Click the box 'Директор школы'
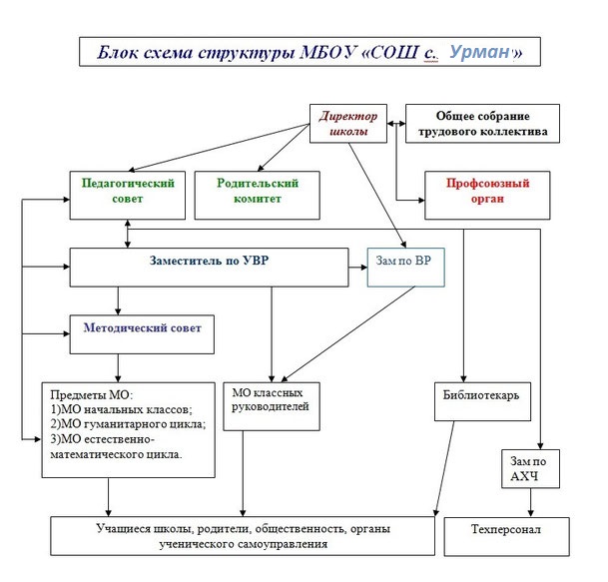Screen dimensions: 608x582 tap(348, 124)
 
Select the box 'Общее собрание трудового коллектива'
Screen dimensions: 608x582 tap(482, 124)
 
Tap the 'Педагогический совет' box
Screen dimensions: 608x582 tap(128, 195)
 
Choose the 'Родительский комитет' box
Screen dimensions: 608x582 tap(258, 195)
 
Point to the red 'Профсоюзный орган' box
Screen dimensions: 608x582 tap(487, 195)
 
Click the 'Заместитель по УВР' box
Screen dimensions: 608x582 tap(209, 268)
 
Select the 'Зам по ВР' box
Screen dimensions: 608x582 tap(405, 268)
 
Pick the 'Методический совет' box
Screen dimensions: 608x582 tap(142, 334)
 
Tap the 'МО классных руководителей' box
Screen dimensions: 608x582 tap(272, 406)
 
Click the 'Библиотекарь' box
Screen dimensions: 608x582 tap(482, 401)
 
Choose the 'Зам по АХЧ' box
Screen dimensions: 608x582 tap(530, 469)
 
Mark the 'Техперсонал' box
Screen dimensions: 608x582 tap(506, 536)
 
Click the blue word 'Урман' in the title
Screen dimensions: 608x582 tap(479, 52)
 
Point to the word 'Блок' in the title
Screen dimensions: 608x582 tap(117, 52)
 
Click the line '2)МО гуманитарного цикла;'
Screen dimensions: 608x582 tap(128, 424)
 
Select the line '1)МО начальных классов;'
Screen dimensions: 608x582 tap(121, 409)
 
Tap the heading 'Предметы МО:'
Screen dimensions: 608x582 tap(92, 395)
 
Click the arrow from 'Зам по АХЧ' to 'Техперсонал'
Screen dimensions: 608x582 tap(530, 502)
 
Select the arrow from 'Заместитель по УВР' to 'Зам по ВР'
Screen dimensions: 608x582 tap(357, 268)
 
